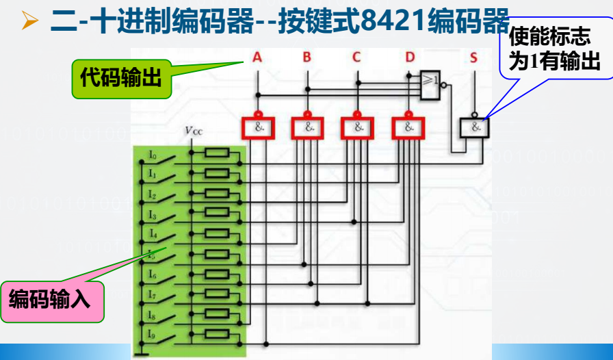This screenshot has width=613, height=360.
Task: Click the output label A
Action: [x=257, y=57]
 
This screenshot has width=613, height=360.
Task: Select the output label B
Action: [x=307, y=57]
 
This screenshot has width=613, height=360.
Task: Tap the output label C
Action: [x=356, y=57]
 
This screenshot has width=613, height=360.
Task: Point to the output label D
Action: [x=409, y=57]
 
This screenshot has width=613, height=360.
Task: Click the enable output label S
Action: [x=473, y=57]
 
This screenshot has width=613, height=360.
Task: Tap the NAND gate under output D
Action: [x=408, y=127]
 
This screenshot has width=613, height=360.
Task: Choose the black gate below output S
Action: [x=474, y=128]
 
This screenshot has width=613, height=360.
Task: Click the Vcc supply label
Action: [x=194, y=130]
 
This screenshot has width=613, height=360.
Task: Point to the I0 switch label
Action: [x=153, y=156]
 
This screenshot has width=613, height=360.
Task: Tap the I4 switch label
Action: [x=153, y=235]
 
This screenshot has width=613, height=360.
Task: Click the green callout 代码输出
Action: [x=121, y=78]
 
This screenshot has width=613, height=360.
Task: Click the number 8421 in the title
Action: [x=390, y=22]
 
